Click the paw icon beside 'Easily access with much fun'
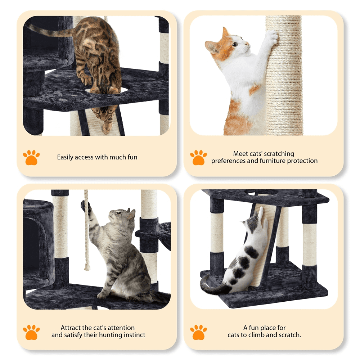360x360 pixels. pos(31,158)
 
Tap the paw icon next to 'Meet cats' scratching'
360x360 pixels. pos(198,158)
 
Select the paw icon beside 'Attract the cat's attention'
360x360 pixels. pos(31,332)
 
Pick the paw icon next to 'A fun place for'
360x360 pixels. pos(198,332)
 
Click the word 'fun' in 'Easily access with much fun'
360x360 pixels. pos(132,157)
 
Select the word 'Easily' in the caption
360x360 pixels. pos(65,157)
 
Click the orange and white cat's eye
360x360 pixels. pos(235,44)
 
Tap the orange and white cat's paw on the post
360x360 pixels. pos(273,37)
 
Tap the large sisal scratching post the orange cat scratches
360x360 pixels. pos(284,75)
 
